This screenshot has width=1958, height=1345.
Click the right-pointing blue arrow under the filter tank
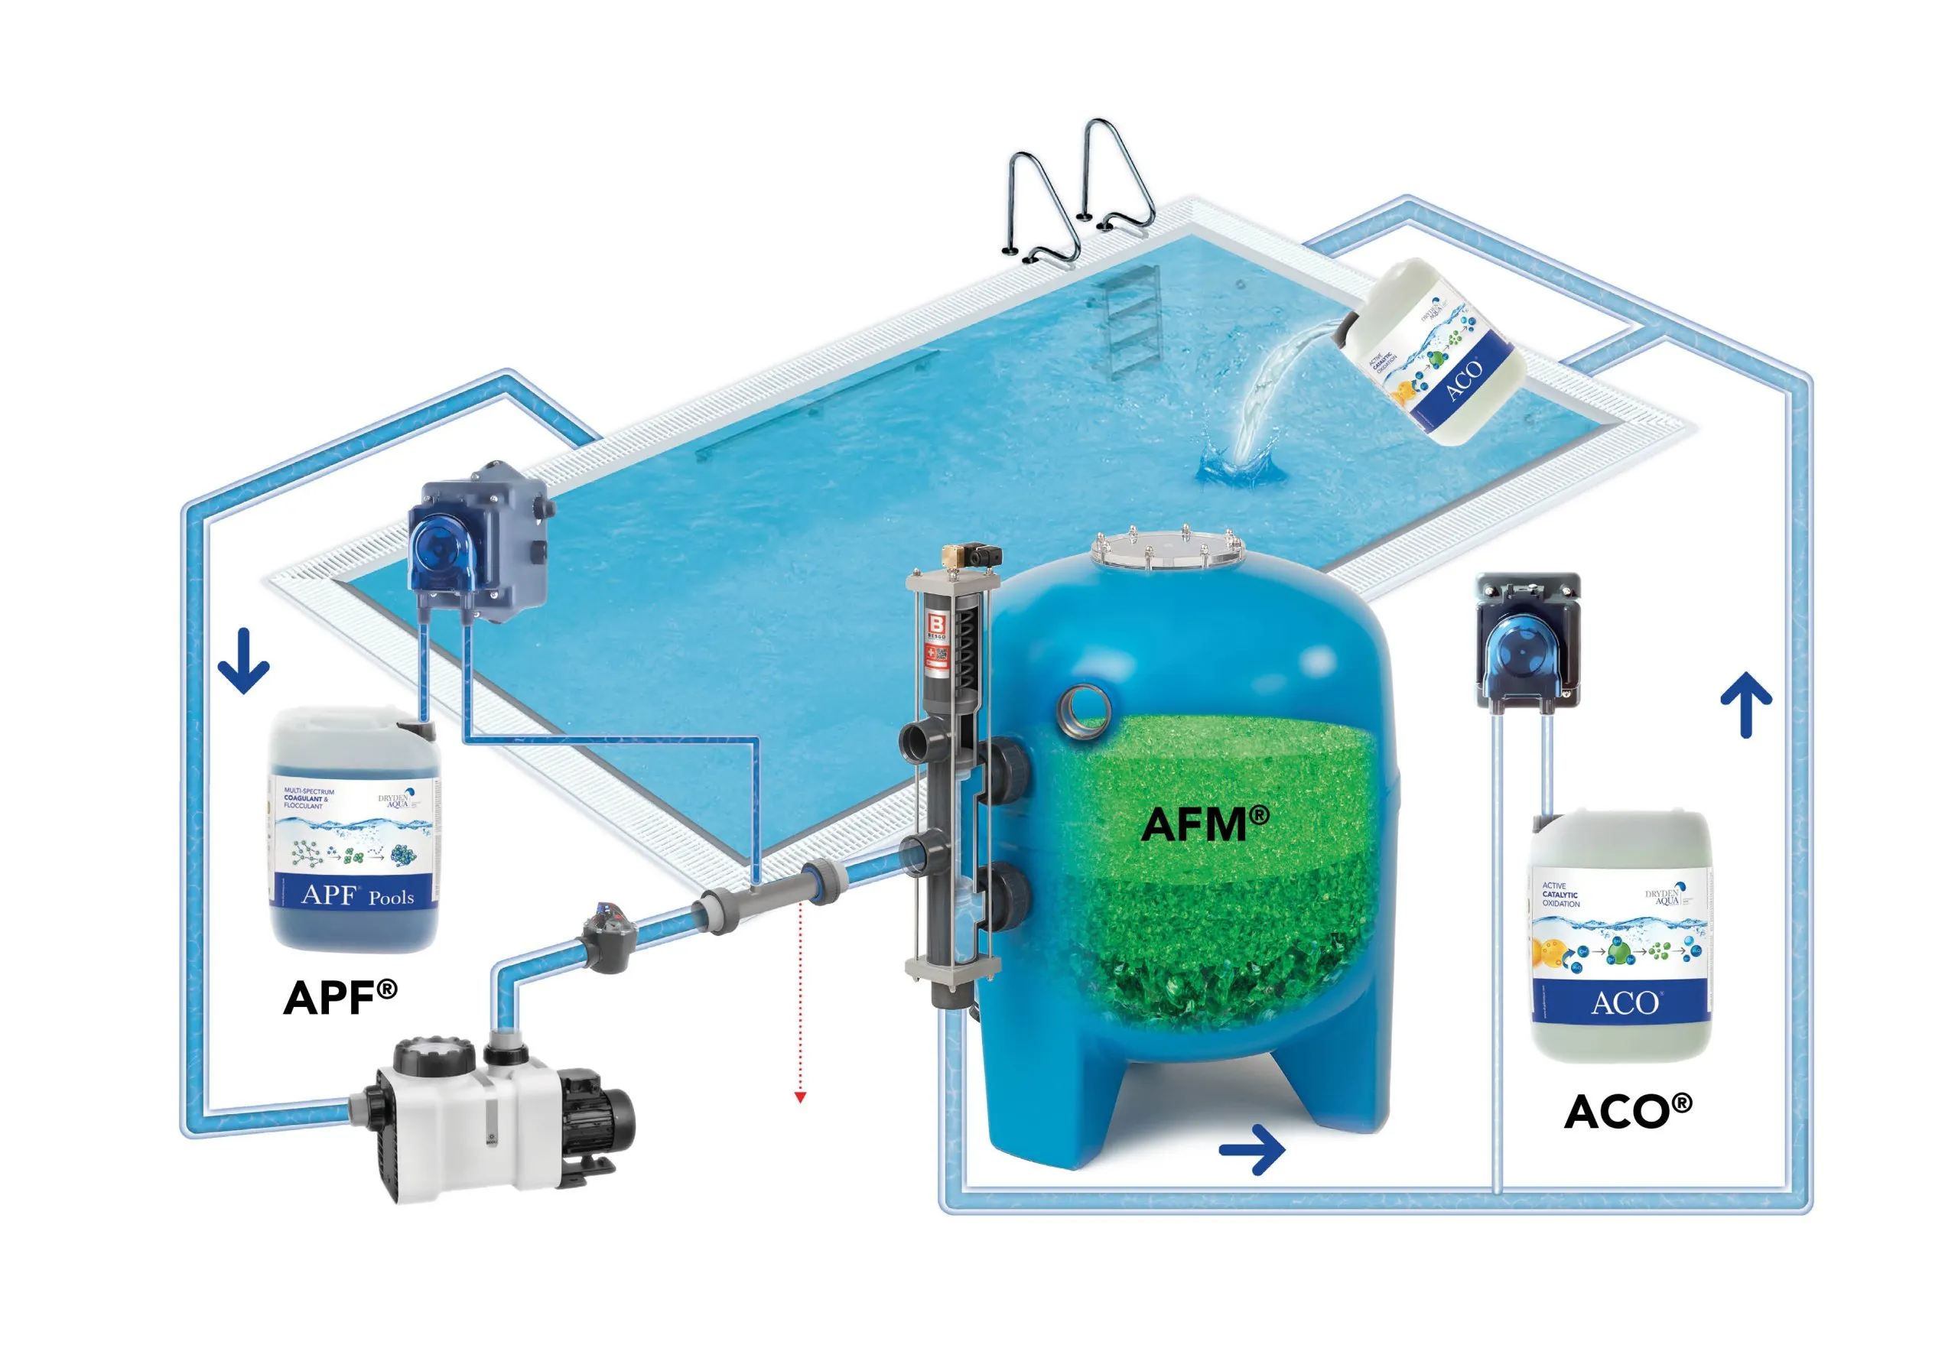[x=1253, y=1148]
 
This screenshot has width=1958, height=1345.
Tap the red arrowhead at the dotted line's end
[x=800, y=1097]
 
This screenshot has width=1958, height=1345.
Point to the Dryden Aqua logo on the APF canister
[x=395, y=799]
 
